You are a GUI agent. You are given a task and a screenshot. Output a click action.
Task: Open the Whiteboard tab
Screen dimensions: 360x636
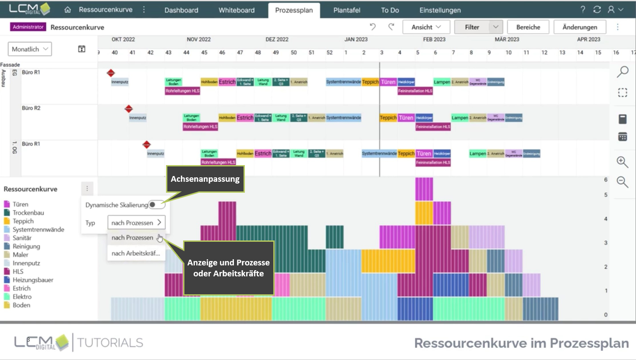coord(237,10)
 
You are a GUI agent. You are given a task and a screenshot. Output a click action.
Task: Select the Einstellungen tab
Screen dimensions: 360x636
coord(440,10)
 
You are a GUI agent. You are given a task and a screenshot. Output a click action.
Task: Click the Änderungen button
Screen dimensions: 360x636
coord(579,27)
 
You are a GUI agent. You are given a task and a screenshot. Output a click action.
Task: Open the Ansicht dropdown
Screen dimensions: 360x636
coord(426,27)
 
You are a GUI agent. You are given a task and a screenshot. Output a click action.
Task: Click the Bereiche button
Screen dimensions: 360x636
coord(528,27)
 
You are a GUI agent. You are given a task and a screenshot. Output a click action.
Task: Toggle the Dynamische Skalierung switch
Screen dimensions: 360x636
coord(156,205)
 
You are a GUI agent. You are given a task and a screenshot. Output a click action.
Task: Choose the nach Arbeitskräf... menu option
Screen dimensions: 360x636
coord(136,253)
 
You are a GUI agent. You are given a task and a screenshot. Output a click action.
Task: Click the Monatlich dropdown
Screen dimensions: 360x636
coord(30,49)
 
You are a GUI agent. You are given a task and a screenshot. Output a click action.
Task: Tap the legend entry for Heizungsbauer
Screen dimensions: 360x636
coord(33,280)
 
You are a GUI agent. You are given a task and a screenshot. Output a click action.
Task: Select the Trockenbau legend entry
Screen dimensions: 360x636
coord(28,213)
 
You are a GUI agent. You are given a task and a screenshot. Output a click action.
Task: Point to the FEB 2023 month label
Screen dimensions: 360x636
coord(434,39)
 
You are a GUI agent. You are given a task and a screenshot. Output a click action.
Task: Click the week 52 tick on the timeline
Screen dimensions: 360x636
coord(329,53)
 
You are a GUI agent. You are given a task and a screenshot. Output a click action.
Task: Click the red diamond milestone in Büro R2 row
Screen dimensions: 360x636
coord(129,109)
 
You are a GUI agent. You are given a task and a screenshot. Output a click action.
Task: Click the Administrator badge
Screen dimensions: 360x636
coord(28,27)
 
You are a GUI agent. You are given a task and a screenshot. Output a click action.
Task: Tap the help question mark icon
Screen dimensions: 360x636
coord(583,10)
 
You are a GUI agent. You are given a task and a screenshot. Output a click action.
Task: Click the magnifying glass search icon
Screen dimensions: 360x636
coord(622,72)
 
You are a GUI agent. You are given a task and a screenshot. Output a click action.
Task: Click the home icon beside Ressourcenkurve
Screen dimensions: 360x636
coord(67,10)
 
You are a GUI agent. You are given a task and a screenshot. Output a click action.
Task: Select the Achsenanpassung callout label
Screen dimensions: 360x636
coord(205,179)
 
